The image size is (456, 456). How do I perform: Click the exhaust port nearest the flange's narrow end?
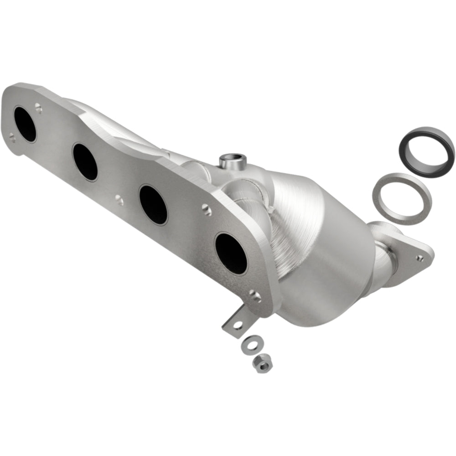tap(25, 124)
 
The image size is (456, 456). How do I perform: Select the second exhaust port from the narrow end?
tap(85, 162)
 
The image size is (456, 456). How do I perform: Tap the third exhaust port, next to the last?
tap(153, 204)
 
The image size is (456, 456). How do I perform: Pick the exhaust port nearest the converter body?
tap(231, 253)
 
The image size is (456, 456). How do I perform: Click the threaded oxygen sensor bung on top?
tap(233, 161)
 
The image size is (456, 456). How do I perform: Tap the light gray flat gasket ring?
tap(402, 198)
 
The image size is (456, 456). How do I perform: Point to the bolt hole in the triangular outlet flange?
tap(420, 258)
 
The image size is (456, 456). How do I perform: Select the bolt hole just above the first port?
tap(38, 109)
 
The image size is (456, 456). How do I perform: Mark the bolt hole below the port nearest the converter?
tap(255, 297)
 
